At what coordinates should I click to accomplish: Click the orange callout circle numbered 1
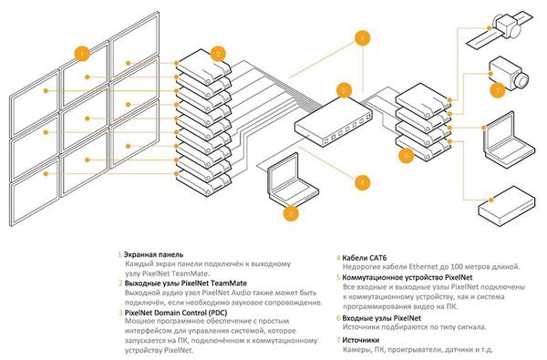click(82, 54)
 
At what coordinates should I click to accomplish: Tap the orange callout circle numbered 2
click(218, 54)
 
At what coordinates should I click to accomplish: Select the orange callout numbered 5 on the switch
click(344, 90)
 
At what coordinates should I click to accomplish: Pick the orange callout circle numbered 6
click(406, 155)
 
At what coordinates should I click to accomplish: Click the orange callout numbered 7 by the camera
click(498, 90)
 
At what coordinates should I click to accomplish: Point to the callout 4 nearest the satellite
click(362, 38)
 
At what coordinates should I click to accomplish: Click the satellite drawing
click(501, 29)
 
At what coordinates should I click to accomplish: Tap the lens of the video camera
click(522, 80)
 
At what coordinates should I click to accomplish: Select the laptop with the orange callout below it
click(293, 181)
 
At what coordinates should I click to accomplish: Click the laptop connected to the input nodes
click(510, 139)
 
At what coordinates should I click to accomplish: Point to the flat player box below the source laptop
click(506, 206)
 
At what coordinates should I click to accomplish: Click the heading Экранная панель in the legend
click(153, 254)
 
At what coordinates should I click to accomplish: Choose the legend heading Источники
click(360, 340)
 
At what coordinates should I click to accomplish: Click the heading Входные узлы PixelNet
click(381, 318)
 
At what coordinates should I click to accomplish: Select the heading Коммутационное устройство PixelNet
click(408, 278)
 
